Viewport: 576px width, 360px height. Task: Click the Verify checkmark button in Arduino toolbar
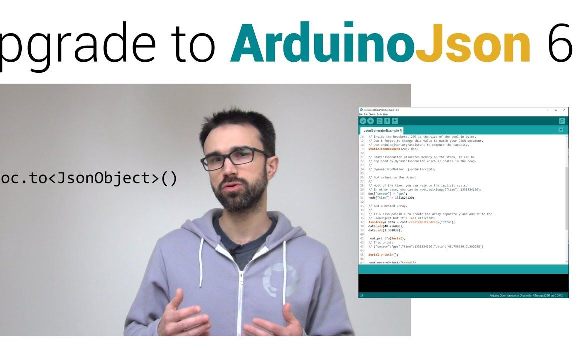[x=363, y=121]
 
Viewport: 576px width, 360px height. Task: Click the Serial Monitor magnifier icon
[x=562, y=121]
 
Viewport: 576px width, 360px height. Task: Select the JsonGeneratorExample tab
[x=383, y=130]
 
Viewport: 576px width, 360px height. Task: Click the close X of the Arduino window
[x=564, y=110]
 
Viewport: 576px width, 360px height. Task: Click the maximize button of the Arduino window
[x=556, y=110]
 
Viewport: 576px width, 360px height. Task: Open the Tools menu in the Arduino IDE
[x=379, y=114]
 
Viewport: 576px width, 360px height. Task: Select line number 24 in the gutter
[x=361, y=169]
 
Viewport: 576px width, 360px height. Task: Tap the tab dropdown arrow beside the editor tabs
[x=561, y=130]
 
